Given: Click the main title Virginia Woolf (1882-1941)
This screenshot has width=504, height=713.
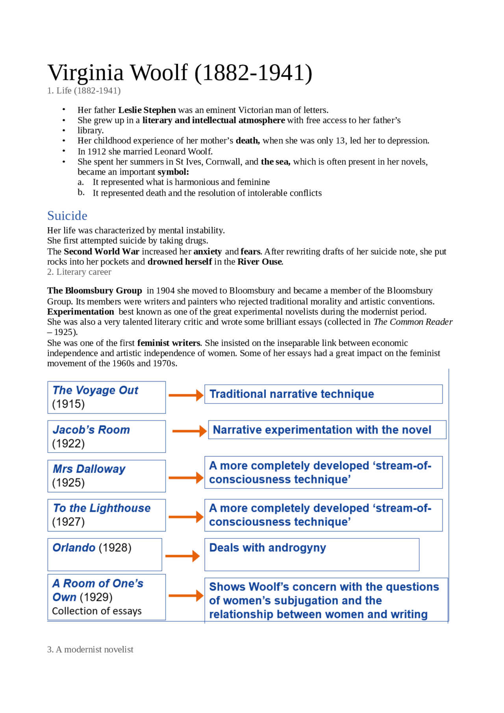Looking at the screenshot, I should point(180,73).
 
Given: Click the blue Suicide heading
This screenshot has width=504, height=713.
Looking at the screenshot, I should point(67,216).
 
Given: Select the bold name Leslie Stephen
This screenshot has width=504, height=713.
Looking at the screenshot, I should point(147,110).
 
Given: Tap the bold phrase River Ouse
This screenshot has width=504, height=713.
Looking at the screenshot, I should point(259,262).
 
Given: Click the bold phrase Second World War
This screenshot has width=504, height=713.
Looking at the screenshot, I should point(102,252).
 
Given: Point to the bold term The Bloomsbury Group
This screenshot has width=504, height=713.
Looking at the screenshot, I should point(94,291).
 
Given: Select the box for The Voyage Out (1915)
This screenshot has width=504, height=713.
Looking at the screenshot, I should point(106,397).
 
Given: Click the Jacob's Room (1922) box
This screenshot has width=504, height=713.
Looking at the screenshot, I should point(106,437).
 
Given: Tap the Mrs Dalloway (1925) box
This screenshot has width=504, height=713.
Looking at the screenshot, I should point(106,476).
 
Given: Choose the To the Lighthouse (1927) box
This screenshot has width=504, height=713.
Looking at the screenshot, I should point(106,515).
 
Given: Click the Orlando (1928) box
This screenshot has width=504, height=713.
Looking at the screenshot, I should point(105,554).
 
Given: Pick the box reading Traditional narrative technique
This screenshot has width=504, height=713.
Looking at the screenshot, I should point(323,394).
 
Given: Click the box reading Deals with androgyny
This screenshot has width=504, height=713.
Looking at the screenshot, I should point(311,554).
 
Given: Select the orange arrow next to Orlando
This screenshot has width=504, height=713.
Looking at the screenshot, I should point(182,556).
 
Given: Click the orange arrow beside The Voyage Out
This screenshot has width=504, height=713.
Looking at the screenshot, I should point(186,395).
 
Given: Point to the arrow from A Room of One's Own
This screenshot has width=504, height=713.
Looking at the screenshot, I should point(186,596).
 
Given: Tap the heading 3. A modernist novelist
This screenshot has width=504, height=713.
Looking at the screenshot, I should point(90,650).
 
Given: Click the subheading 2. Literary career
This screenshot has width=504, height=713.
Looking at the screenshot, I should point(79,272).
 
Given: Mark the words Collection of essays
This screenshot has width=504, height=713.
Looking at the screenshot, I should point(97,611).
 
